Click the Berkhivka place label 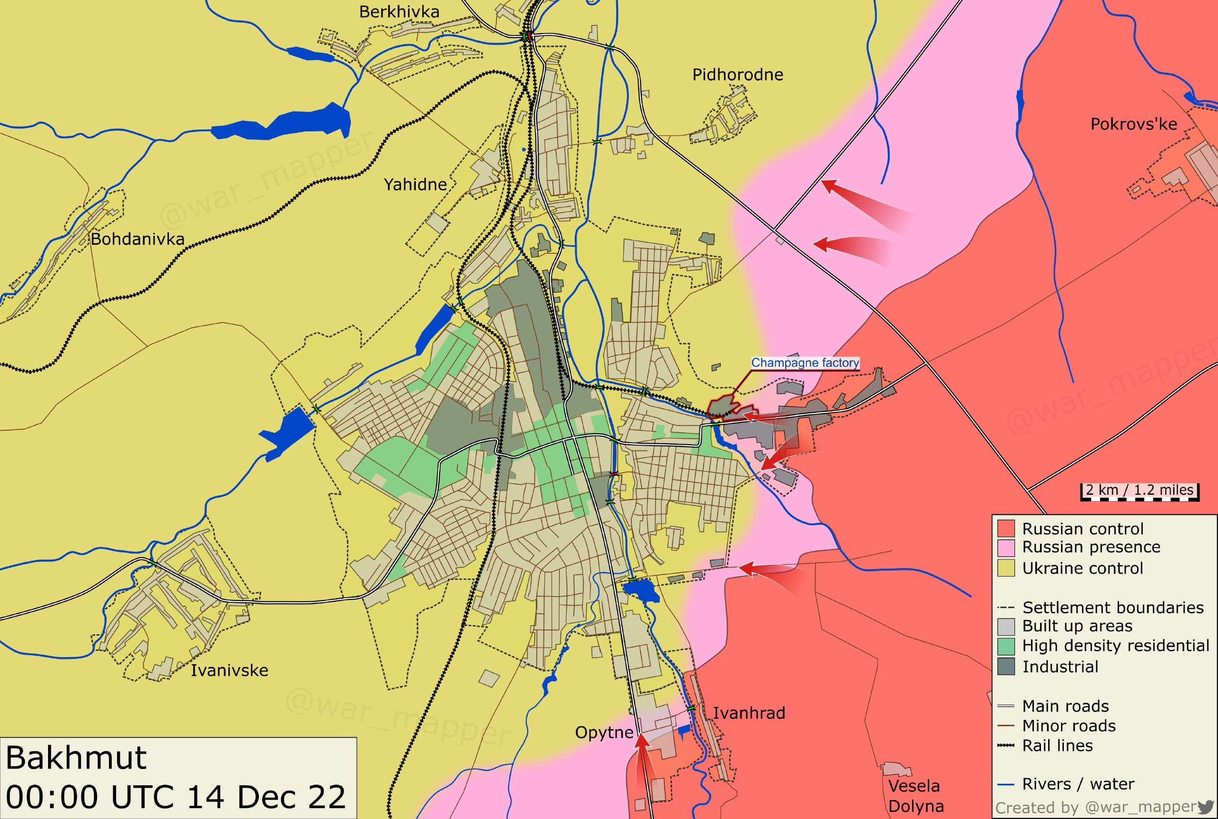click(x=399, y=12)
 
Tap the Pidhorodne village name click(x=737, y=75)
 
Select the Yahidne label click(x=415, y=184)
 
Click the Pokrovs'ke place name click(x=1133, y=124)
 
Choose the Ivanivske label click(x=229, y=670)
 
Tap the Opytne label click(x=604, y=732)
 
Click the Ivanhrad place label click(x=749, y=713)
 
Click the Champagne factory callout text click(x=805, y=362)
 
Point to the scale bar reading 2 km click(x=1139, y=490)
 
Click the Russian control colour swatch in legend click(x=1006, y=529)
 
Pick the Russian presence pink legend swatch click(x=1006, y=548)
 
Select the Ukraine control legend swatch click(x=1006, y=568)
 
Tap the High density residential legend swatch click(x=1006, y=646)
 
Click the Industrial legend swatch click(x=1006, y=667)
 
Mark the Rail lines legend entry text click(x=1057, y=746)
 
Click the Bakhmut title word click(x=76, y=758)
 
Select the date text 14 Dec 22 click(x=266, y=797)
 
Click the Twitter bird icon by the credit click(x=1206, y=807)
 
